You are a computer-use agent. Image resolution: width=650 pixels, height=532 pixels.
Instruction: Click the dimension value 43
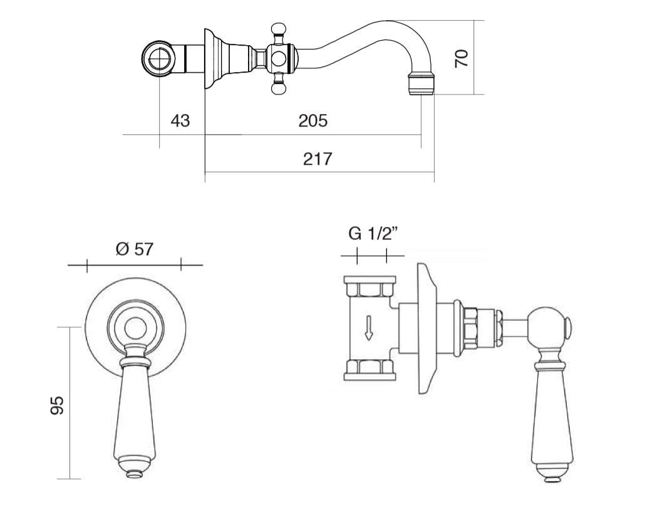[180, 120]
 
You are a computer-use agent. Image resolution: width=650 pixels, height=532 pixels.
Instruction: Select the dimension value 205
[313, 120]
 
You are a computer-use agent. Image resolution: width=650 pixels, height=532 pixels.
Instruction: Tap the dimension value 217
[317, 159]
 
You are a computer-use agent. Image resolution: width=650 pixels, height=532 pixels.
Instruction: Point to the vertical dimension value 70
[462, 58]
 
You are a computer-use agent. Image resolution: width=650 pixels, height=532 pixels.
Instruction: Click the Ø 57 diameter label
[134, 249]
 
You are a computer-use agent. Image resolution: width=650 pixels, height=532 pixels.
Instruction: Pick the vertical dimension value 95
[57, 404]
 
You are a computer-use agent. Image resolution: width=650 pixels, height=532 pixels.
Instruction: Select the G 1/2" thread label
[374, 234]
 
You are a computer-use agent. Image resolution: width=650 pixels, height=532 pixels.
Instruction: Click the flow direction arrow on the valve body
[369, 328]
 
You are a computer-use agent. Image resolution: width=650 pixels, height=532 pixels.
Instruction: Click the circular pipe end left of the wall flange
[160, 60]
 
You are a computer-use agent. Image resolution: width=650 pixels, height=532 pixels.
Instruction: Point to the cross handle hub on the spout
[277, 60]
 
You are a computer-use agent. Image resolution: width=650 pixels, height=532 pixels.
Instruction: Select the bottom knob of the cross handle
[277, 90]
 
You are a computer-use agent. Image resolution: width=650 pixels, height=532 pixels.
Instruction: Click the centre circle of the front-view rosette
[133, 327]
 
